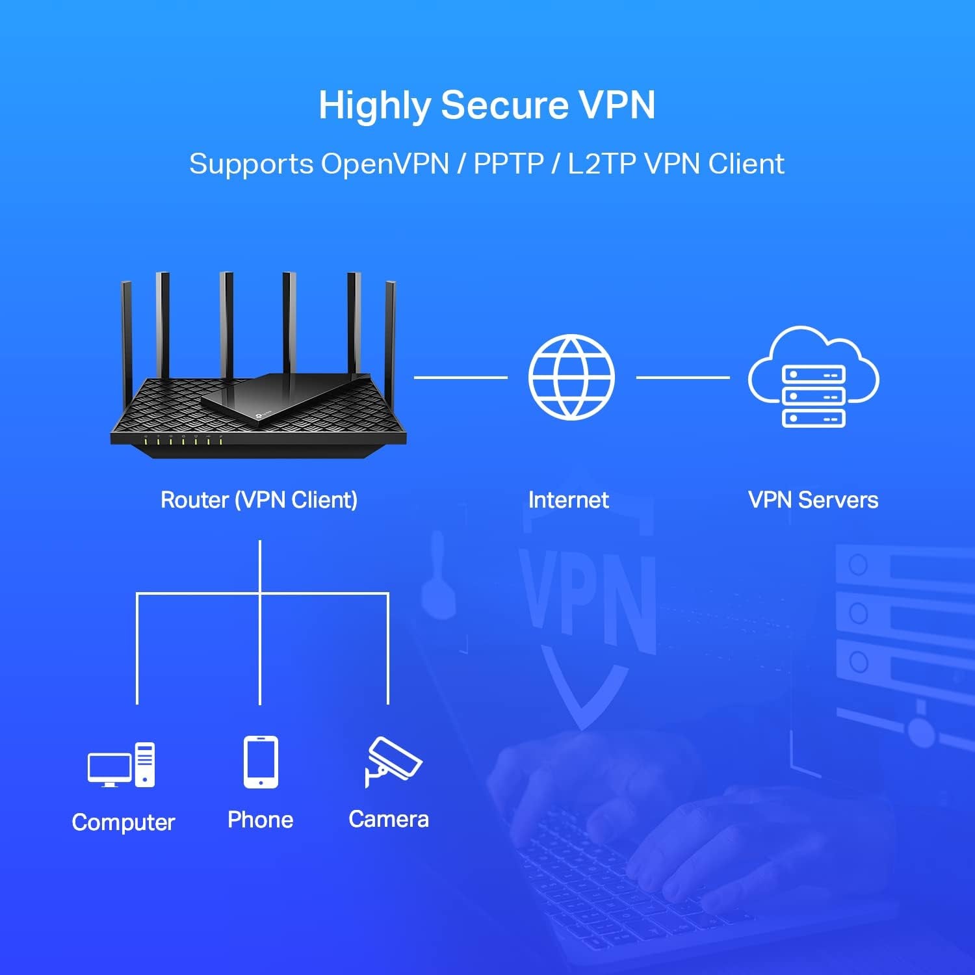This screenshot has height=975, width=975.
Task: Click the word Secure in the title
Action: pos(504,105)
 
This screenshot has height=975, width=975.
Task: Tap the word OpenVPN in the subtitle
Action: pos(385,164)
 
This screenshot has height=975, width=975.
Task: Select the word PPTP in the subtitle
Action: pos(508,164)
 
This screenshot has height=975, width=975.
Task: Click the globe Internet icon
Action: pos(571,377)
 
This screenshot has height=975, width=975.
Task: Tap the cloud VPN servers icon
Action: pos(813,377)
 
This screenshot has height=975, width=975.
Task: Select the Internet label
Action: pos(568,500)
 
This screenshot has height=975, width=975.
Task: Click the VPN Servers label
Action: pos(813,500)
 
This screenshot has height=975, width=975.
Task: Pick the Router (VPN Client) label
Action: pos(259,500)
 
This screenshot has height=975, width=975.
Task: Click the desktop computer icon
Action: pos(122,765)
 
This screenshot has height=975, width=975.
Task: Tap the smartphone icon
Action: pos(261,762)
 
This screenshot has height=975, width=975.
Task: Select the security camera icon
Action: pos(392,761)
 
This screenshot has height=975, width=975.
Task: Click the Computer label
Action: pos(123,822)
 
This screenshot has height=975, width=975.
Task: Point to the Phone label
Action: pos(260,820)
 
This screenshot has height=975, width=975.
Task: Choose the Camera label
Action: pos(389,819)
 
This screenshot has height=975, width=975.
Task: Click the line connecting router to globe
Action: pos(460,377)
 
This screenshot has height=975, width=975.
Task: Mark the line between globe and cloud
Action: pos(682,377)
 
